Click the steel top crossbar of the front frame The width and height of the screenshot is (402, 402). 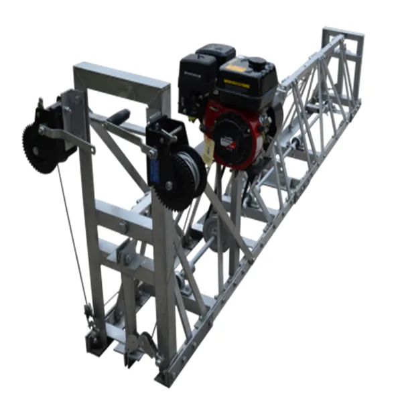(121, 74)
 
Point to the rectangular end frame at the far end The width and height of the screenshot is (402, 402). (344, 50)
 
